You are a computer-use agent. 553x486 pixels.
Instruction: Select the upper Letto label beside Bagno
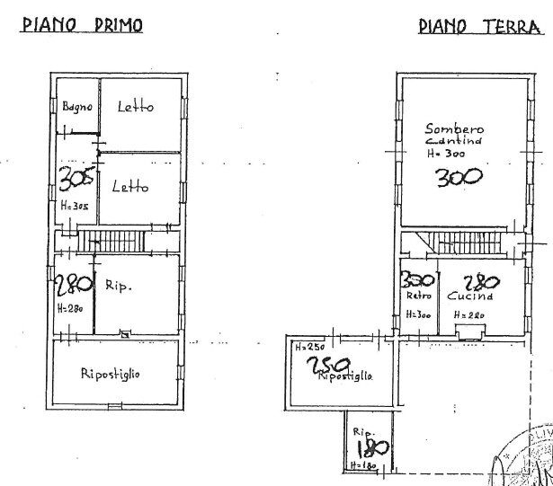pos(136,107)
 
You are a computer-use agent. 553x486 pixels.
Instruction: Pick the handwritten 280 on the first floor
pos(72,287)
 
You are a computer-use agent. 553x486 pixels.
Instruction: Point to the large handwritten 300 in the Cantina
pos(459,177)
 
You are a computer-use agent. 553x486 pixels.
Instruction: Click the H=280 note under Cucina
pos(469,314)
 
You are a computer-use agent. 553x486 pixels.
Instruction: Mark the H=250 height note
pos(308,346)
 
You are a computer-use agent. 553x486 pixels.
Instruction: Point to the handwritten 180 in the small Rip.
pos(370,448)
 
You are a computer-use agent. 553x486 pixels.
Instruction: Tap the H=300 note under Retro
pos(418,314)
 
